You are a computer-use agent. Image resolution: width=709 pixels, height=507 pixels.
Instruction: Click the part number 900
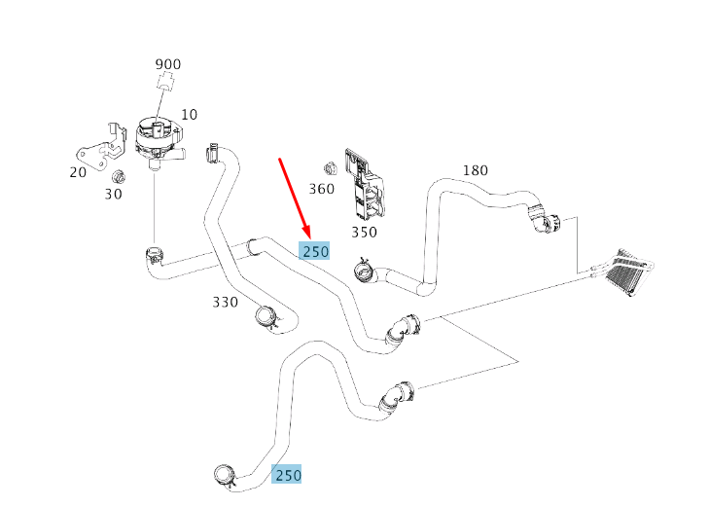168,64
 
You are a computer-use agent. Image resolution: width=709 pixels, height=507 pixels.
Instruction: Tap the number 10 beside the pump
190,115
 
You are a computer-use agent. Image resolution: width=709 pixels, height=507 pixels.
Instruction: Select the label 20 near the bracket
78,172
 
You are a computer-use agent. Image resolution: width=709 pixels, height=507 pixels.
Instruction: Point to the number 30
113,194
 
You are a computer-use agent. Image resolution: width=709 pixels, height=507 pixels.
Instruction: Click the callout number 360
322,189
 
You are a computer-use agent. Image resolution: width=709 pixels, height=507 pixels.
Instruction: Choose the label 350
365,232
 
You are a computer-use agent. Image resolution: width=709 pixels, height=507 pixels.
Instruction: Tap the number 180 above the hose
476,170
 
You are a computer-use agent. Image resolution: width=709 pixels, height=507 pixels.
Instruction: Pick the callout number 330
226,302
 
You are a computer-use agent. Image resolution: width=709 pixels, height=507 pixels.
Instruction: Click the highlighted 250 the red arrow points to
314,251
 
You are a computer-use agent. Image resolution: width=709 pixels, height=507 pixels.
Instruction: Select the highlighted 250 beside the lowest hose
286,475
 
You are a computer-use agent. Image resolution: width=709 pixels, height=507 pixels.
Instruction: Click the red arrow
295,199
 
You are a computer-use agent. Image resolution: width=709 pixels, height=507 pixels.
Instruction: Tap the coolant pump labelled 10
159,141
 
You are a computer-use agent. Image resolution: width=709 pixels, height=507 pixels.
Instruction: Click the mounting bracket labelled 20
101,147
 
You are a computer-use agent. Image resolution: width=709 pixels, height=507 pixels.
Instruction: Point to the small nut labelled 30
118,176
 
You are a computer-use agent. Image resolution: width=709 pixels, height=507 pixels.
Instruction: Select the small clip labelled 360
330,168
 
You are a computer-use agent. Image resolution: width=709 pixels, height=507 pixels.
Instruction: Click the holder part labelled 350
366,186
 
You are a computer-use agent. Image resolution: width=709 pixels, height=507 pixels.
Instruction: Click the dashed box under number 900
166,81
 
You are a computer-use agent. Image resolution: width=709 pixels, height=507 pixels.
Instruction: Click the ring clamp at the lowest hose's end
225,476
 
